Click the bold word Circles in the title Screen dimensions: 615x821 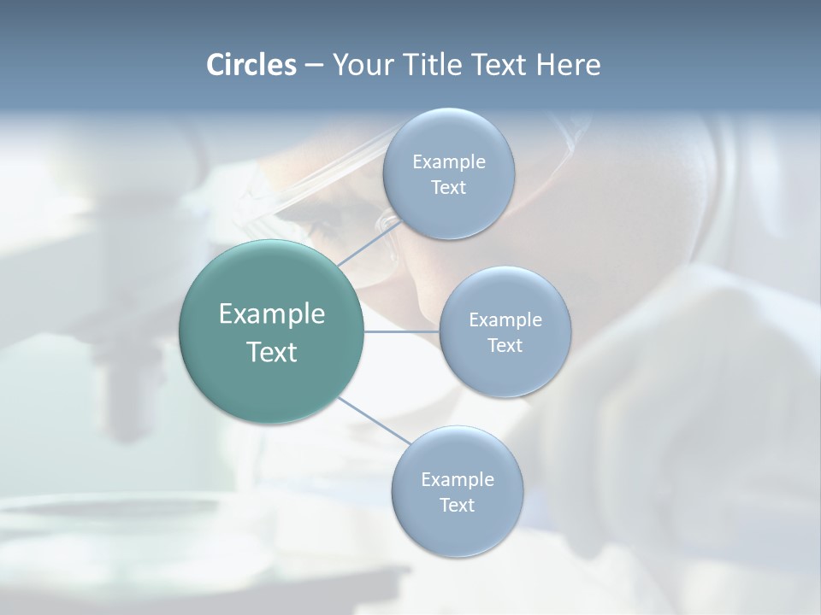(251, 65)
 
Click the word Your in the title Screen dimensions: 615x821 (360, 65)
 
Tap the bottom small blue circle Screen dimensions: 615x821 (457, 534)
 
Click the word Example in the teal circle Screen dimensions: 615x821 (272, 314)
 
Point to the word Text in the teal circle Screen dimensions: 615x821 (272, 352)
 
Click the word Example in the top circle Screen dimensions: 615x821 (449, 161)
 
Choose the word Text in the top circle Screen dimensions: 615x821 (448, 188)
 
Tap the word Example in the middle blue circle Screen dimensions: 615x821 (505, 319)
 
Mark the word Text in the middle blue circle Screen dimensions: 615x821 (505, 345)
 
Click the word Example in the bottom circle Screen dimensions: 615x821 (458, 479)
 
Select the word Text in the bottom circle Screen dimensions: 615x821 (457, 505)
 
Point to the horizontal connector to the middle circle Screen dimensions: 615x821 (401, 331)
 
